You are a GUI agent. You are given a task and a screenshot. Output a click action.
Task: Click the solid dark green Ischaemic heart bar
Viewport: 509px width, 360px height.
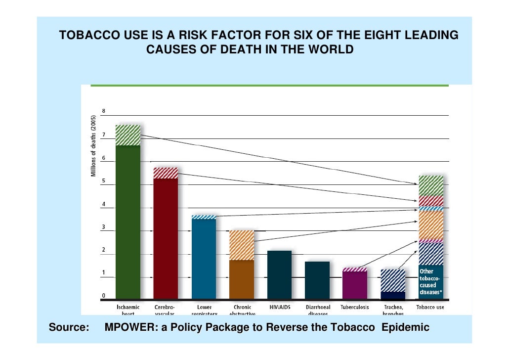[127, 223]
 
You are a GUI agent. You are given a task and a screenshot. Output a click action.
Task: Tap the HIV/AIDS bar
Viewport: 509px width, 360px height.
[279, 275]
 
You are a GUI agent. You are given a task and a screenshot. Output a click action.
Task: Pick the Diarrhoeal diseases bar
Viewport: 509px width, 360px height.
[317, 280]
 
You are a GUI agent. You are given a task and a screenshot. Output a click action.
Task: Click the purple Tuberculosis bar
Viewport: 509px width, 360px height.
[355, 285]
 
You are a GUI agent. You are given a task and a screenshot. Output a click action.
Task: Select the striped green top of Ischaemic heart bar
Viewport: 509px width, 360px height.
[127, 135]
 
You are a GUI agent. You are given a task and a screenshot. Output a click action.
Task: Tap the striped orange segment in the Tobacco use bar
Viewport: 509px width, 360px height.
[431, 225]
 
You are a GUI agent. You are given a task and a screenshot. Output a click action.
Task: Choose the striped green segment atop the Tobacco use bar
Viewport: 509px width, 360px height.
[431, 185]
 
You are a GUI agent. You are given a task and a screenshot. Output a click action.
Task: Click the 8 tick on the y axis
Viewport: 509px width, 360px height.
[104, 111]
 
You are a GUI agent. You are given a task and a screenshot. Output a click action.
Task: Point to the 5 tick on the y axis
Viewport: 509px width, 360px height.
[104, 181]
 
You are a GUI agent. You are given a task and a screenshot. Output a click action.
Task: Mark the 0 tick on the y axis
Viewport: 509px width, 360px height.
[104, 296]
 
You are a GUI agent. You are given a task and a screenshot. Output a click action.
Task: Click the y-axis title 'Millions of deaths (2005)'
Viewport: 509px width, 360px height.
[93, 146]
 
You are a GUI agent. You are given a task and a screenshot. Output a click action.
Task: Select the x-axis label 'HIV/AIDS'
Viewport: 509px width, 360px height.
[279, 307]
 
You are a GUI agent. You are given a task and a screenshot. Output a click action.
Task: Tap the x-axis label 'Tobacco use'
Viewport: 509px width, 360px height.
[430, 307]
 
